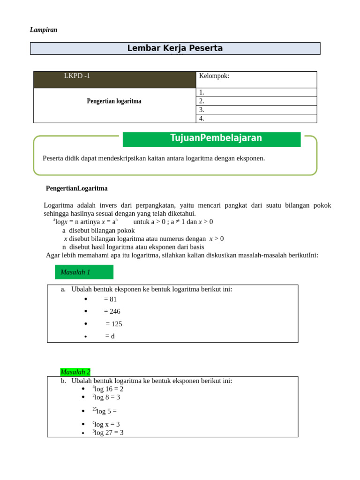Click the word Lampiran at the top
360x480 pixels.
point(44,30)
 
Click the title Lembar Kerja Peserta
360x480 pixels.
point(175,48)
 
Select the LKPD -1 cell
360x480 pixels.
point(77,76)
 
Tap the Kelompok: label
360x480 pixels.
point(214,76)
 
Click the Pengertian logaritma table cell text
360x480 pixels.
point(114,101)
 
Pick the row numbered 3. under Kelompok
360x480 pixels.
point(256,110)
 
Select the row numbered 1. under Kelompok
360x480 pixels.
point(256,92)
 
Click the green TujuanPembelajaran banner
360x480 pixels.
point(211,139)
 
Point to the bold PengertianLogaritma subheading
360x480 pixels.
point(77,188)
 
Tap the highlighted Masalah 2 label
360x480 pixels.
point(75,372)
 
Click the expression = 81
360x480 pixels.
point(110,300)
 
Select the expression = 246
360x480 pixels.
point(112,312)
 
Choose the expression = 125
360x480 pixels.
point(114,324)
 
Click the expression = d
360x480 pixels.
point(110,337)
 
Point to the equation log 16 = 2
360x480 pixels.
point(108,389)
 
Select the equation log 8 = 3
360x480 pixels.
point(106,397)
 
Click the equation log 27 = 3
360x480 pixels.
point(108,433)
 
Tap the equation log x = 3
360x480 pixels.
point(106,424)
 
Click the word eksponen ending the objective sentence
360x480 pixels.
point(251,158)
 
